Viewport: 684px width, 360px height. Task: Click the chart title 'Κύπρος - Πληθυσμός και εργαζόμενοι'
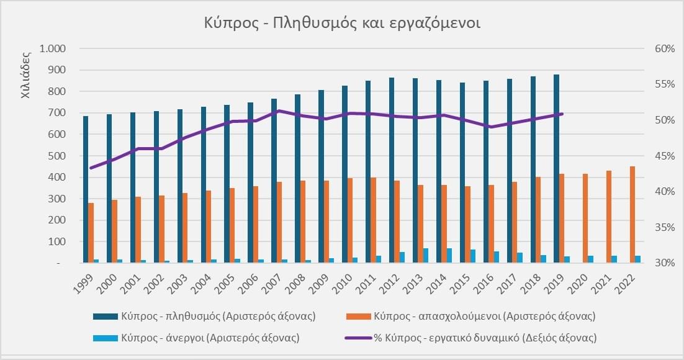342,23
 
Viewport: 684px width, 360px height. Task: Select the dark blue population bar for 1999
86,189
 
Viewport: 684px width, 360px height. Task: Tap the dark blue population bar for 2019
556,168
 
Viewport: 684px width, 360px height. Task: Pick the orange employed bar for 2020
585,218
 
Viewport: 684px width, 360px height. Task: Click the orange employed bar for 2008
303,222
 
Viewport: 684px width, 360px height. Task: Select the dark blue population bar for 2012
392,170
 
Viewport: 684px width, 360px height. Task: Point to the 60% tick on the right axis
662,48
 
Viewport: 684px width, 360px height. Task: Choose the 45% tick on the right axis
662,156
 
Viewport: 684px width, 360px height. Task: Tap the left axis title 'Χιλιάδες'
26,74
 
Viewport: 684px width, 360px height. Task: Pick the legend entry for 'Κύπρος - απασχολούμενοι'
484,317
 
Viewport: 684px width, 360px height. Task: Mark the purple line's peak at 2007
279,111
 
